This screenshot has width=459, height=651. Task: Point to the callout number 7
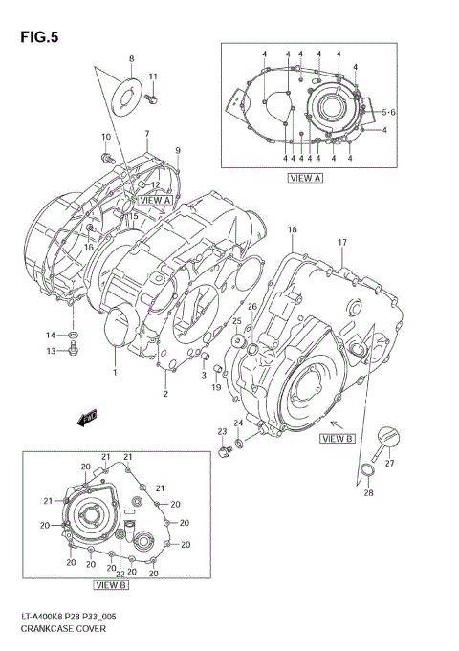147,133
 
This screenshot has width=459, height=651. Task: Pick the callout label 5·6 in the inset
390,112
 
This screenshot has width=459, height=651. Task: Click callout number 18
293,229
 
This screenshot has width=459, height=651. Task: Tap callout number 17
341,242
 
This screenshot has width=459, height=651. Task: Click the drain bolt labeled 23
223,450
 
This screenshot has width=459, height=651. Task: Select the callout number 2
164,394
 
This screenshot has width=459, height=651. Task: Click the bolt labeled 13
73,351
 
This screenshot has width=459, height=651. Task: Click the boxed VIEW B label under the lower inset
112,584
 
